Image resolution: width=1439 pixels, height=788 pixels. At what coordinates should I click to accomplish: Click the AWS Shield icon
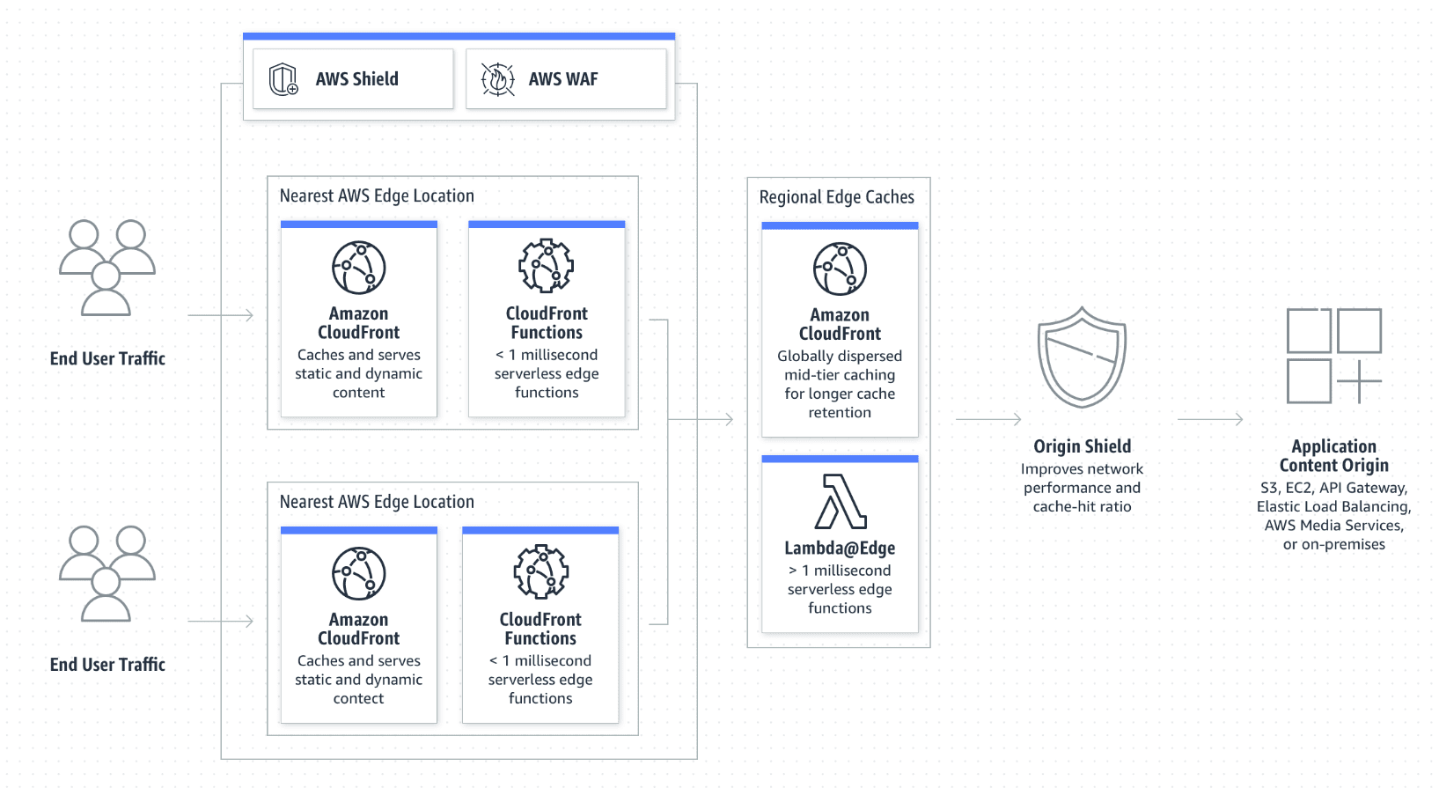(283, 79)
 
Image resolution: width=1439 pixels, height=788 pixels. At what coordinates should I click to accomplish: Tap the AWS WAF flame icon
(497, 79)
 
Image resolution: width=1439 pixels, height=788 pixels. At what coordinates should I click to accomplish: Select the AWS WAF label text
(563, 79)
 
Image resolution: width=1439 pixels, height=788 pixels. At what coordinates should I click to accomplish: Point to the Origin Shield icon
(1082, 357)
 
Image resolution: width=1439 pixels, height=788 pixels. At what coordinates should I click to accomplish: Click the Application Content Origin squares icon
(1333, 356)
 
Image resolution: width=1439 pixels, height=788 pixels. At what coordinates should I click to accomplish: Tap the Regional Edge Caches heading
(836, 197)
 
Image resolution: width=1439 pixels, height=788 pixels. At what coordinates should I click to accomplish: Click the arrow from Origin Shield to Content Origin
(1210, 420)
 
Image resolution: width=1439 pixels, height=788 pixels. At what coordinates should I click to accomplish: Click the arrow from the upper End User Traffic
(221, 315)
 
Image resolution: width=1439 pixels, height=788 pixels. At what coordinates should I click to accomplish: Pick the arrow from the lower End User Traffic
(221, 622)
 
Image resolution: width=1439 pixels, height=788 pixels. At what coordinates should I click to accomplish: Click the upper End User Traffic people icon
(107, 268)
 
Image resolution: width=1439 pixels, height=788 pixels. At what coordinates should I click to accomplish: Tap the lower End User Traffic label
(107, 665)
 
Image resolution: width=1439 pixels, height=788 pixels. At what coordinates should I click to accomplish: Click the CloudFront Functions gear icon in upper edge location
(547, 266)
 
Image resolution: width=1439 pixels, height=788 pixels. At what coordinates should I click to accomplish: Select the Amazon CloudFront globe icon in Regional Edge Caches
(840, 269)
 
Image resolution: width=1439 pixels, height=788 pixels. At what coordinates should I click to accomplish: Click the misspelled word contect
(358, 698)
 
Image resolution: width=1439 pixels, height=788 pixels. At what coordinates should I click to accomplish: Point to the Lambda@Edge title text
(840, 549)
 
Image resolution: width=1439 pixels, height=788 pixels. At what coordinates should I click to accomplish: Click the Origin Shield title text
(1082, 446)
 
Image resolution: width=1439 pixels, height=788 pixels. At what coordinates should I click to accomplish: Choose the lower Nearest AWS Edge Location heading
(377, 502)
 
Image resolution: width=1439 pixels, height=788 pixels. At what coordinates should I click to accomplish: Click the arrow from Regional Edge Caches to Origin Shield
(988, 420)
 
